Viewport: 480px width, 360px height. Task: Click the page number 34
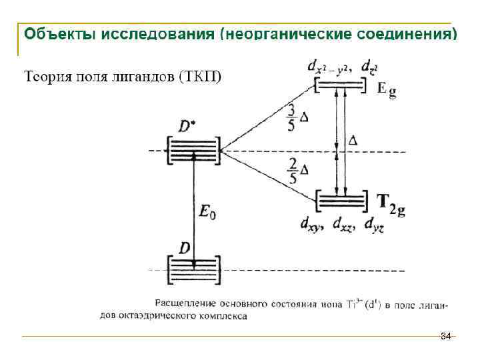[446, 335]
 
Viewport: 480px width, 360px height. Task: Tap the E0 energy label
[208, 213]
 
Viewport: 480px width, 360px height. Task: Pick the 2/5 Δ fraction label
[297, 170]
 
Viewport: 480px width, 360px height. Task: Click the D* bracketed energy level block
[193, 149]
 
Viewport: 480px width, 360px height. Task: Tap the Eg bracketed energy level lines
[339, 86]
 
